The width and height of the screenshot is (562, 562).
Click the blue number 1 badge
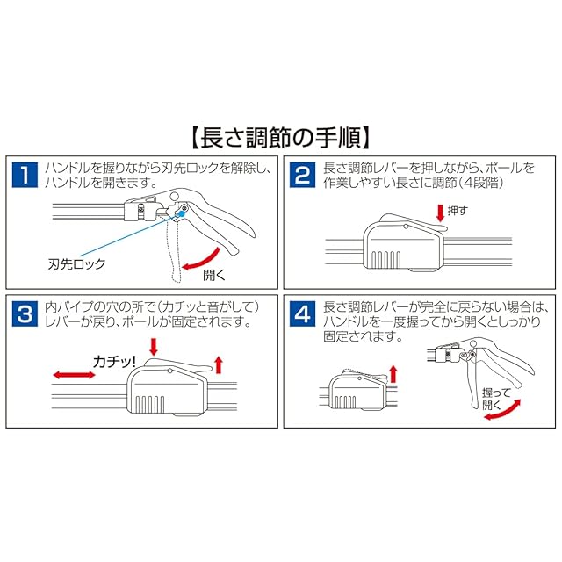[25, 175]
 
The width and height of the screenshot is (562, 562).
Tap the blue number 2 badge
[303, 175]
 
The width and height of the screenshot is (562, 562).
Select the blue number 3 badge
[25, 314]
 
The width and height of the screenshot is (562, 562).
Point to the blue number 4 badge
[303, 314]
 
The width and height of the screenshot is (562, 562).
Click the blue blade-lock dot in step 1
[182, 213]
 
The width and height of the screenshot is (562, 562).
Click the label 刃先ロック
[77, 264]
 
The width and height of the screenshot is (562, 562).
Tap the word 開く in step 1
[214, 275]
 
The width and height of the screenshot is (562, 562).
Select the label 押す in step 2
[458, 211]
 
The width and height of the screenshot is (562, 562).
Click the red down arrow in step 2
[440, 213]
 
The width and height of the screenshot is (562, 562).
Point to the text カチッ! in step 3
[114, 361]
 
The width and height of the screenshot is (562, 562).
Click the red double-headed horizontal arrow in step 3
[74, 375]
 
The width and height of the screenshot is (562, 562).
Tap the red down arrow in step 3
[154, 347]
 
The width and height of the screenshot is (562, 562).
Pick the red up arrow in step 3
[219, 364]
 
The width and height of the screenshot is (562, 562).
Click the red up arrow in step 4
[393, 374]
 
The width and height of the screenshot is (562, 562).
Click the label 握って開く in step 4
[495, 399]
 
